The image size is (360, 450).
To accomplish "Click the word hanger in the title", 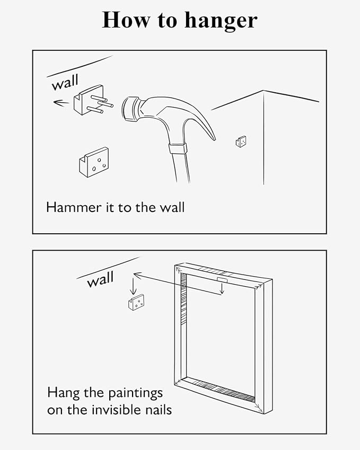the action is pos(221,20).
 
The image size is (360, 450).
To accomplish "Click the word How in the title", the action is pos(126,20).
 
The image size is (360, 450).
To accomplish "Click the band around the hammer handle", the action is pos(178,148).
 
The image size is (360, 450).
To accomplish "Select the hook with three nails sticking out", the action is pos(93,101).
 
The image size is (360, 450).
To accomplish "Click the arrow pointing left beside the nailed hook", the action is pos(61,102).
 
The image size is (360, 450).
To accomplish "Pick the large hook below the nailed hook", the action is pos(94,162).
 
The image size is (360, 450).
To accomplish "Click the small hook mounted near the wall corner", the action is pos(241,142).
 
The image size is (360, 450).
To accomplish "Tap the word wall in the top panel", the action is pos(65,82).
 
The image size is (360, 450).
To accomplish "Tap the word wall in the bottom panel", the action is pos(101,279).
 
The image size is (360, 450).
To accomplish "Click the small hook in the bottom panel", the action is pos(136,303).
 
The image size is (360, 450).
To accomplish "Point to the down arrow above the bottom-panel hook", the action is pos(133,284).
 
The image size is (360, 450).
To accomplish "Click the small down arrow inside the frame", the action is pos(222,288).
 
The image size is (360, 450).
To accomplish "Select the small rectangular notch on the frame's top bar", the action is pos(222,280).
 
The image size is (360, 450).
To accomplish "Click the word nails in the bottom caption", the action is pos(159,410).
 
